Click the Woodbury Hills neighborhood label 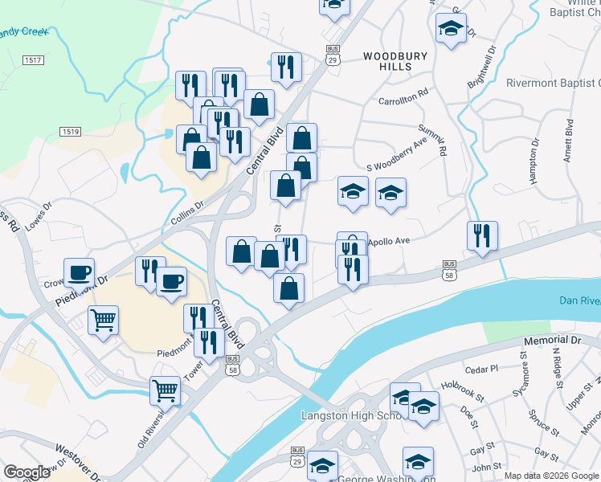[388, 61]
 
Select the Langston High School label [350, 415]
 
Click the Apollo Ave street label [389, 240]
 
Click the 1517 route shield [33, 60]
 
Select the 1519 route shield [71, 131]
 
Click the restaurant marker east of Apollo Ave [482, 236]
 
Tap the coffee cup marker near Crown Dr [80, 272]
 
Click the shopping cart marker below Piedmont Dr [104, 320]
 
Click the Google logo [27, 472]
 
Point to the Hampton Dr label [535, 160]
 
